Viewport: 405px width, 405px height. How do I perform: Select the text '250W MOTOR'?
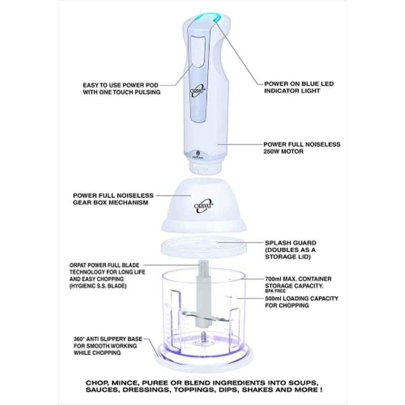point(283,151)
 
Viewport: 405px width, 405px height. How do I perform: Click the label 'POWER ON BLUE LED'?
point(299,84)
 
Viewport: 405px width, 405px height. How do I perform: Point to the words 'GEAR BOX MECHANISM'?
point(110,202)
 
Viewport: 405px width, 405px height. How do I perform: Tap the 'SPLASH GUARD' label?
point(291,243)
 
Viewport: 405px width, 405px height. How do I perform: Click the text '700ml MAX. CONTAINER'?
point(298,279)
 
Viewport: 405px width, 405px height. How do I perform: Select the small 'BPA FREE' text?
point(275,291)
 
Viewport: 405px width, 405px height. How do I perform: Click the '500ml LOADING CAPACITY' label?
point(302,298)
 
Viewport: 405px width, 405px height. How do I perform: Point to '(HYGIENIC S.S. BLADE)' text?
point(98,286)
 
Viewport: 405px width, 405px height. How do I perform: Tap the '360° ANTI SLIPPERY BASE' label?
point(108,339)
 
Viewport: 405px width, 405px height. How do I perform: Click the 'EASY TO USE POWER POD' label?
point(120,85)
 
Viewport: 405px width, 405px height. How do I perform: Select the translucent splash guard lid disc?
point(204,247)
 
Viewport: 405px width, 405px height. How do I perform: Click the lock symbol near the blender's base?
point(198,153)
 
